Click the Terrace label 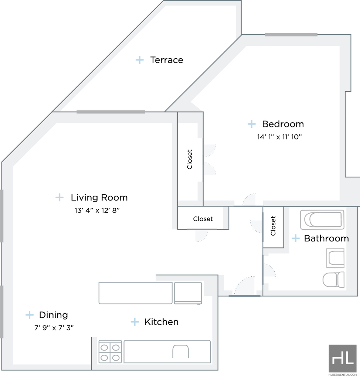(x=167, y=60)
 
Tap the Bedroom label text (x=283, y=124)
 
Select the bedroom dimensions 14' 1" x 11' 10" (x=279, y=137)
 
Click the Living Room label (x=99, y=197)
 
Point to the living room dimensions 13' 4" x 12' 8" (x=97, y=210)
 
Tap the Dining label (x=53, y=315)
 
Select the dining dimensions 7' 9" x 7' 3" (x=54, y=328)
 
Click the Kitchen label (x=162, y=322)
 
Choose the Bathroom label (x=326, y=238)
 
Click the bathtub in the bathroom (x=322, y=220)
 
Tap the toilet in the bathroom (x=333, y=280)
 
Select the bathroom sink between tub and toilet (x=335, y=258)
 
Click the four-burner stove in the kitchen (x=110, y=351)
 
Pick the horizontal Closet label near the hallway (x=203, y=219)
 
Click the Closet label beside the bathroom (x=273, y=226)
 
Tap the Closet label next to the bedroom (x=190, y=159)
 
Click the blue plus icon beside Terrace (x=140, y=60)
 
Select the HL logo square (x=343, y=358)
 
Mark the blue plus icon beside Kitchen (x=135, y=322)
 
